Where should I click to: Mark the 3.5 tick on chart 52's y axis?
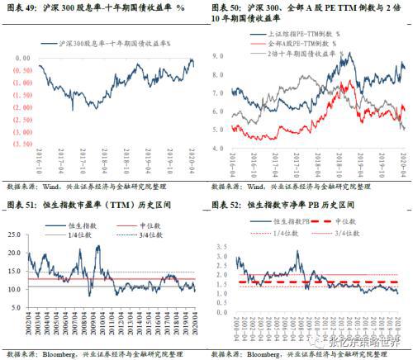(218, 226)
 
